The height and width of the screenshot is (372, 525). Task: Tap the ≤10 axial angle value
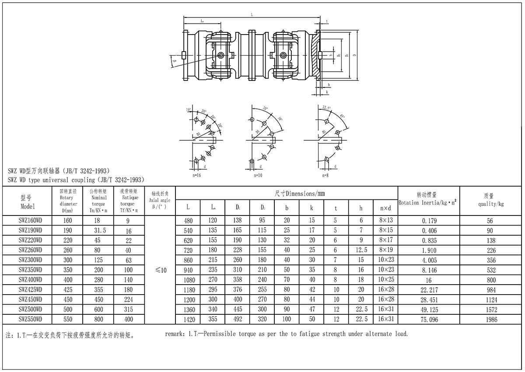coord(161,271)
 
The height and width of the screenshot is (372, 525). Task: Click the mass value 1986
coord(491,320)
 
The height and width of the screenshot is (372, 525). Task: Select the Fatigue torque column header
coord(129,201)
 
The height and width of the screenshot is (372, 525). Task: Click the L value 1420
coord(188,320)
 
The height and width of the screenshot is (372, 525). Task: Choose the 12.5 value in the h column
coord(361,250)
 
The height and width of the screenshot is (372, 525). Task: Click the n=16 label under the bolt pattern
coord(197,175)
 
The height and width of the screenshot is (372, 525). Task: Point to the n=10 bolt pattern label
coord(258,175)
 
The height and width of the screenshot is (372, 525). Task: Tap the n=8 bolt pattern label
coord(325,175)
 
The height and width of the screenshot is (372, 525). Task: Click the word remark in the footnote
coord(175,334)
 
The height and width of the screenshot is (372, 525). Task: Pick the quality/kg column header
coord(491,204)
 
